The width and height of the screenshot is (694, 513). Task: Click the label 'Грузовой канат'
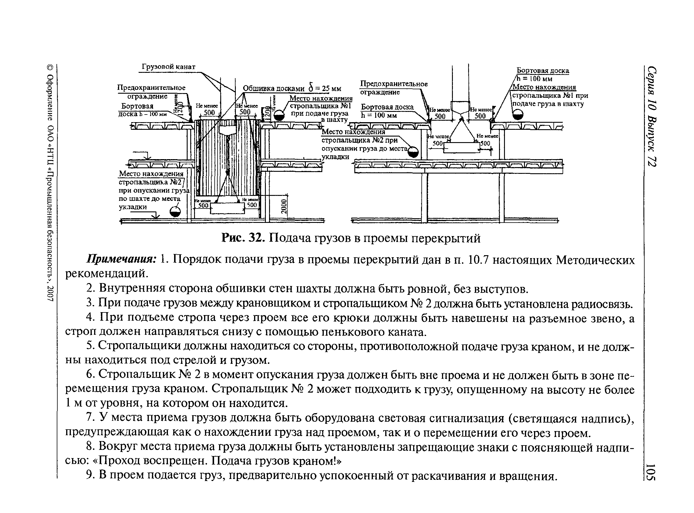(169, 67)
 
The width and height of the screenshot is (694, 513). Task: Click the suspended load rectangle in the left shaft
(228, 208)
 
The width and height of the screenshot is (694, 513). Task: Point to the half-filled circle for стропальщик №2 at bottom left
(175, 212)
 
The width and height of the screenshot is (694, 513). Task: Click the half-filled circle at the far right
(517, 115)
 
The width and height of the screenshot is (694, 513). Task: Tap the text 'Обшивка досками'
(273, 88)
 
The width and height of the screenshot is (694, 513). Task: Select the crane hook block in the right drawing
(461, 107)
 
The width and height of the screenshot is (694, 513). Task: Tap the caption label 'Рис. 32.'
(243, 238)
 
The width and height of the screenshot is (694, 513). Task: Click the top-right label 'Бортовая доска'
(543, 70)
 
